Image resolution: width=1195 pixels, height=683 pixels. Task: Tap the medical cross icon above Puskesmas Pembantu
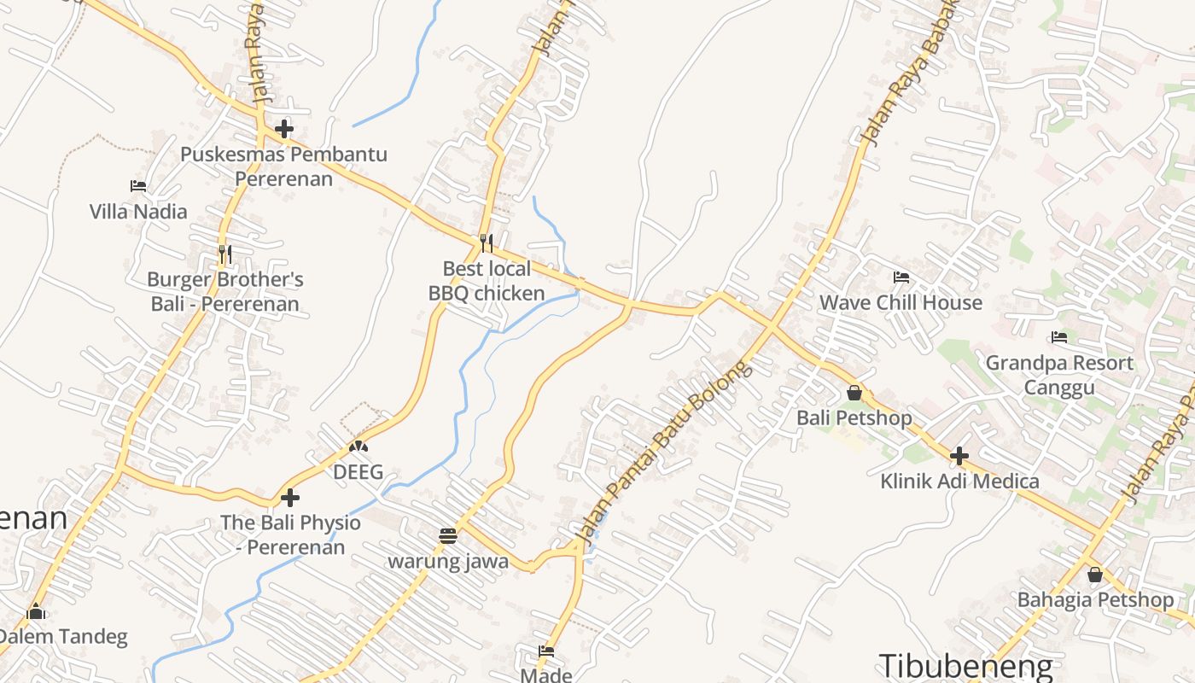(284, 129)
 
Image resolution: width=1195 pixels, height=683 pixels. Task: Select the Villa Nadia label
(138, 211)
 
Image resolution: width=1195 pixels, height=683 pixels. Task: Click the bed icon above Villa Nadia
(138, 185)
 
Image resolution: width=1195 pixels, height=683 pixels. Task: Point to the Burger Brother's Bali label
(225, 291)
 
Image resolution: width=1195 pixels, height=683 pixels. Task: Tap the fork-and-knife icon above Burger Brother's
(225, 254)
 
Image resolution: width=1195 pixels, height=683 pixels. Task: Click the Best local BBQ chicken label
(487, 281)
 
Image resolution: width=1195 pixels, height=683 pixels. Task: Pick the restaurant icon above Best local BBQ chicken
(487, 243)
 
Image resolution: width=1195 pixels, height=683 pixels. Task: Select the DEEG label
(358, 472)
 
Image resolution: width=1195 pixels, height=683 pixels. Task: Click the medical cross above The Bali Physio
(290, 497)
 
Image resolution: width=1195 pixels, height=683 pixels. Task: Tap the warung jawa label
(448, 562)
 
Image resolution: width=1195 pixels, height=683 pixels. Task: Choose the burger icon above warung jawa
(448, 536)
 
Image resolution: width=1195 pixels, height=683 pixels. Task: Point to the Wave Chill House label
(901, 303)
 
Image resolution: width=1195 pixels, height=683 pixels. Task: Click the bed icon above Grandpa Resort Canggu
(1059, 337)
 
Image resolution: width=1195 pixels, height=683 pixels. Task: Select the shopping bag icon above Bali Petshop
(854, 393)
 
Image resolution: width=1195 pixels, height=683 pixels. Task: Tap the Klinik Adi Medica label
(959, 482)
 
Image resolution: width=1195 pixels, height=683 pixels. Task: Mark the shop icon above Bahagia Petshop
(1094, 575)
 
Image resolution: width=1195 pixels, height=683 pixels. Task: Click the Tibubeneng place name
(966, 666)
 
